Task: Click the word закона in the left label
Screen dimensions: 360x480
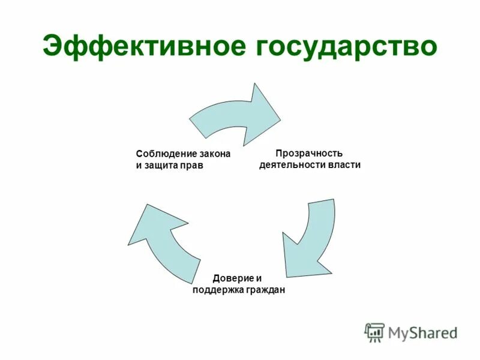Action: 214,154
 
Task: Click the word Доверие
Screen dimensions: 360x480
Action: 231,278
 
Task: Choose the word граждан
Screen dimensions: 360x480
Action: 263,290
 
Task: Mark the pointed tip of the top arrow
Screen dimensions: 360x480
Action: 280,118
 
